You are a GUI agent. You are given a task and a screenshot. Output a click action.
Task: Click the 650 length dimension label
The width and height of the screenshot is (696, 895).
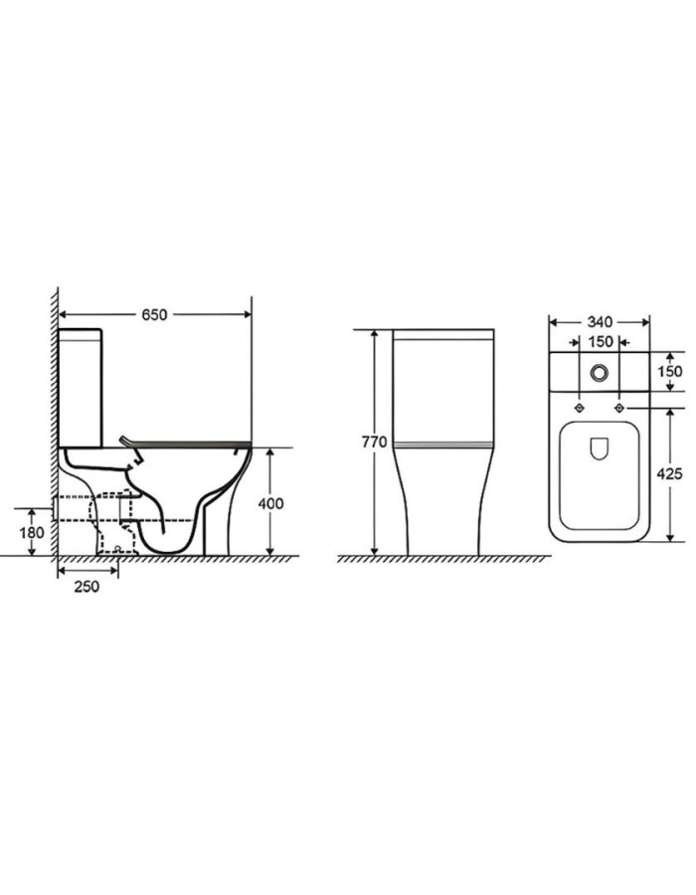tap(154, 314)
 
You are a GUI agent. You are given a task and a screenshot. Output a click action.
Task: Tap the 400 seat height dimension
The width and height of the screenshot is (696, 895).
tap(271, 503)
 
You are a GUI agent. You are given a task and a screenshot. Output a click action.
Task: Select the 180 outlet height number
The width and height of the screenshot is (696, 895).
tap(32, 533)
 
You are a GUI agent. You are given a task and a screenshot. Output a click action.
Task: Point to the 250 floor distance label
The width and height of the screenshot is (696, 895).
tap(87, 586)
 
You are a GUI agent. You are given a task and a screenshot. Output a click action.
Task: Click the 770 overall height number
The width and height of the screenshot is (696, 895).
tap(374, 442)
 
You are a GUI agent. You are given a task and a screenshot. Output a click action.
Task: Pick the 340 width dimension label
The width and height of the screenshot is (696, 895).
tap(600, 322)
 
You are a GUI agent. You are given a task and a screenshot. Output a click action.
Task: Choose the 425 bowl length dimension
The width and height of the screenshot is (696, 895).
tap(670, 473)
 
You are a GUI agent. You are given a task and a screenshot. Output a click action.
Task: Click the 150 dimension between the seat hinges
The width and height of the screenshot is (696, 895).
tap(601, 342)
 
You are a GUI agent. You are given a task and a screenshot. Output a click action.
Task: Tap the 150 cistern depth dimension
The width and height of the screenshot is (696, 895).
tap(670, 371)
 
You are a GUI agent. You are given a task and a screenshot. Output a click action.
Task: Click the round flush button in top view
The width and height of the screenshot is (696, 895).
tap(599, 373)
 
